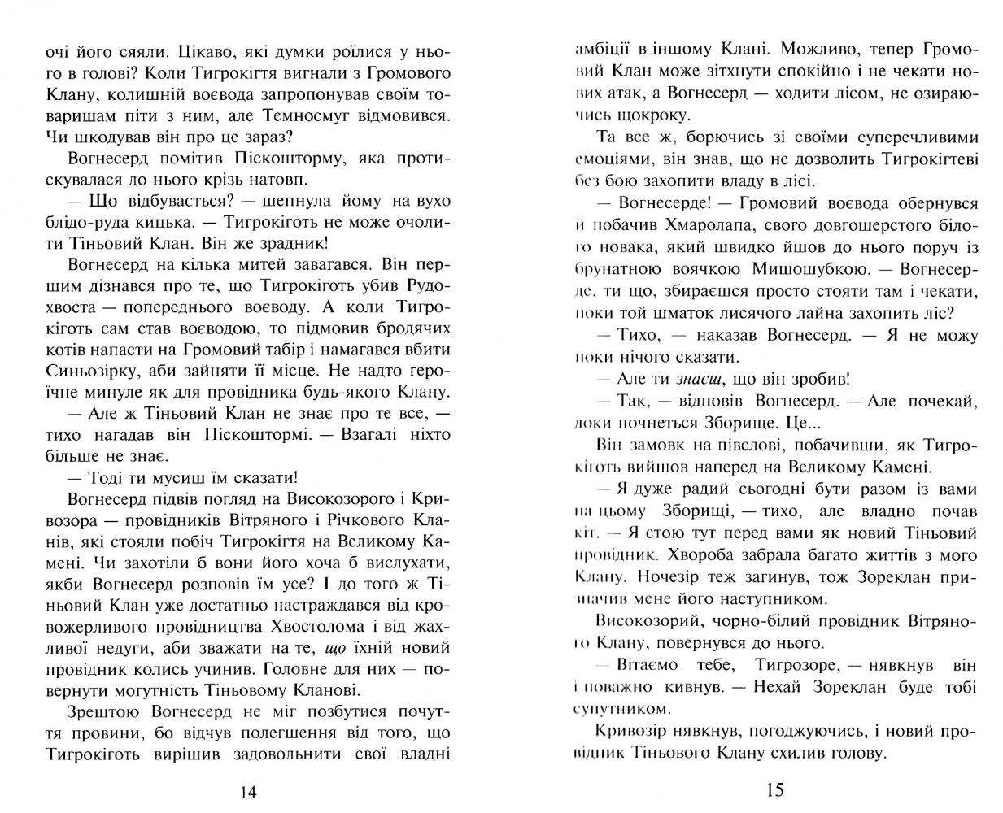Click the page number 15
(x=774, y=789)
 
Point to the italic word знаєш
(x=691, y=380)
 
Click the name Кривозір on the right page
(x=629, y=731)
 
